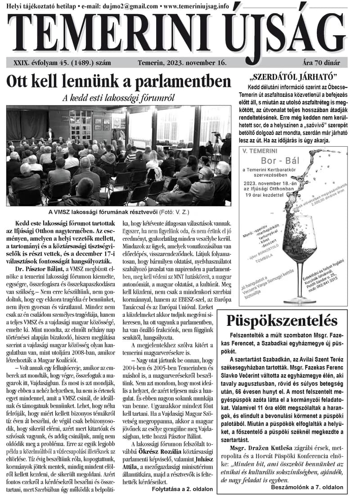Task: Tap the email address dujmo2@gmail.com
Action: click(x=132, y=6)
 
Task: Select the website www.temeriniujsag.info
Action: click(x=196, y=6)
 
